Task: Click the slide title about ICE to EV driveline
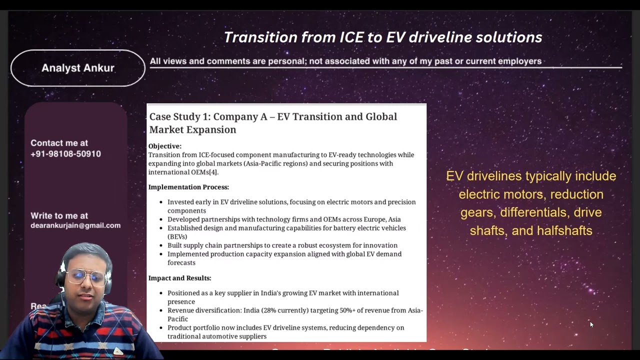382,37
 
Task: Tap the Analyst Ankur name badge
78,68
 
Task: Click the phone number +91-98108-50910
65,154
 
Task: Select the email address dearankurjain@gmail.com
75,225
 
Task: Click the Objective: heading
165,146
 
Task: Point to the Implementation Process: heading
188,187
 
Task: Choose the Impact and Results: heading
179,278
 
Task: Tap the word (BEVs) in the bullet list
177,236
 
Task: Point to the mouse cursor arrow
591,324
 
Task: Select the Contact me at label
59,143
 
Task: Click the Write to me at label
59,215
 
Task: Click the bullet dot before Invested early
160,202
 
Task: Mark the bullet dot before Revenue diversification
160,310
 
